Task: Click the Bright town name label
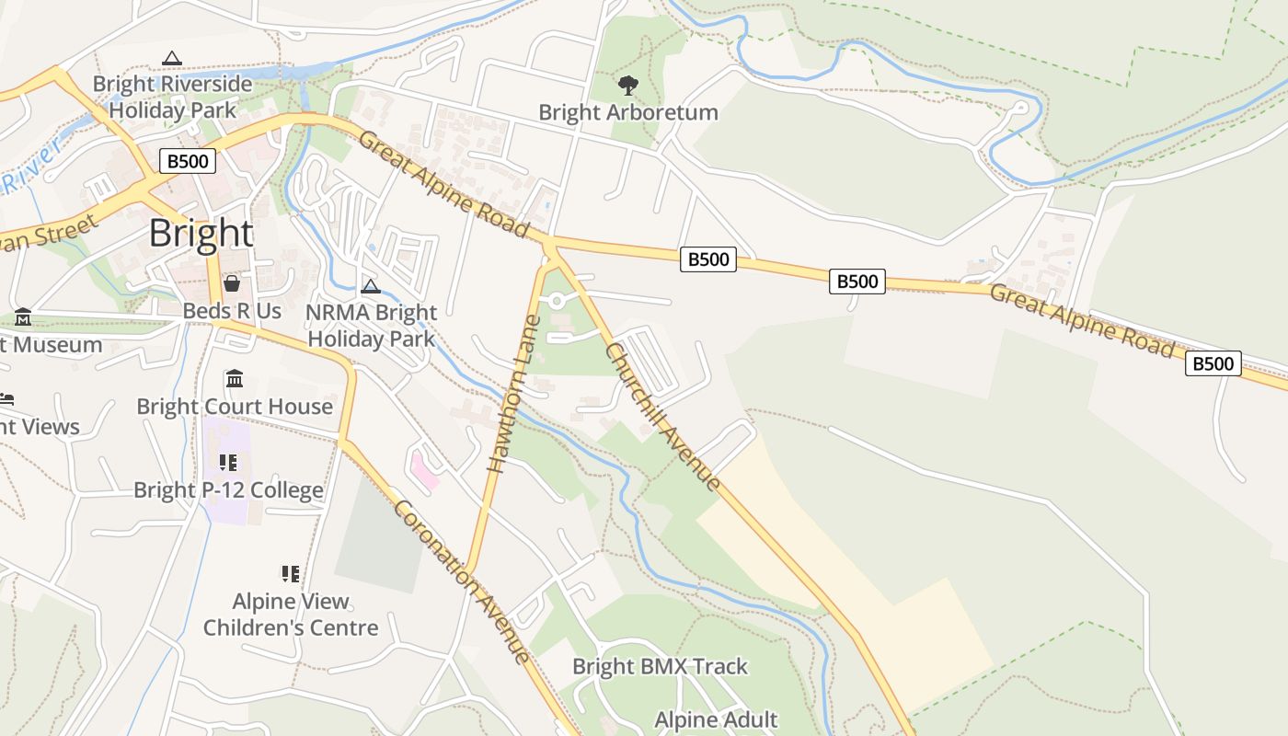click(x=201, y=234)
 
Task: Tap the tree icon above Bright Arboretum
click(x=627, y=86)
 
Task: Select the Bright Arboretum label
click(x=627, y=113)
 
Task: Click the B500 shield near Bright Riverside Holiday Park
click(x=187, y=162)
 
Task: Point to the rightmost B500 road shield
click(x=1213, y=363)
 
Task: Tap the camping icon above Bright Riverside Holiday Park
click(x=172, y=58)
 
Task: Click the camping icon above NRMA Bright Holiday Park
click(x=371, y=286)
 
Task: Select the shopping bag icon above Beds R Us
click(x=232, y=282)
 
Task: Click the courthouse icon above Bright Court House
click(x=235, y=379)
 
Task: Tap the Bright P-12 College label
click(x=228, y=489)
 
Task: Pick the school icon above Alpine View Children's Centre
click(x=291, y=574)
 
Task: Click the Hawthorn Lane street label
click(x=512, y=396)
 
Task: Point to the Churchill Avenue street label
click(x=662, y=416)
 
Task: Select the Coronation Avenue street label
click(x=462, y=581)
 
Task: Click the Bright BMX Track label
click(x=660, y=666)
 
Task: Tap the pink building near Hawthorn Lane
click(x=423, y=470)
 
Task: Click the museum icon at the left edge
click(x=23, y=317)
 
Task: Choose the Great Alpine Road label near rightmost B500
click(x=1082, y=320)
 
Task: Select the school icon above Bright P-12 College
click(x=228, y=462)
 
